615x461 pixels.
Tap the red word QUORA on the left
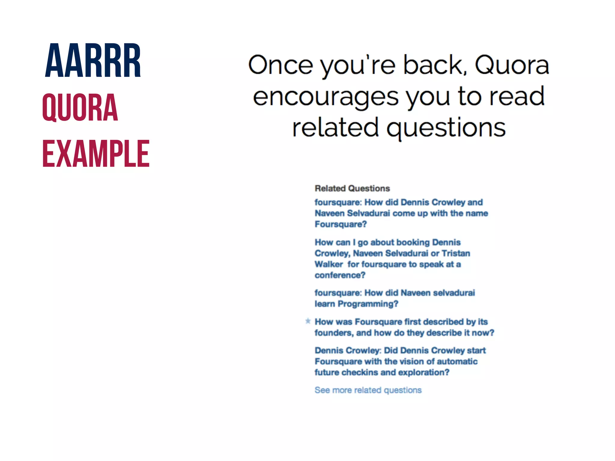[80, 107]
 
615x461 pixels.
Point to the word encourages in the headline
[326, 97]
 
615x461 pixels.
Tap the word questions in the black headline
[446, 128]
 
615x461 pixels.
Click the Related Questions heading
[352, 188]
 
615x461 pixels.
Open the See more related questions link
[368, 390]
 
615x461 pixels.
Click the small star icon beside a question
[308, 321]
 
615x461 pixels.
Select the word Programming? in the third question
[368, 304]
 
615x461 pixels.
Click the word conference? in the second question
[340, 275]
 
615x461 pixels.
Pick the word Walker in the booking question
[329, 264]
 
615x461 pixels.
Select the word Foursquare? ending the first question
[341, 224]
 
